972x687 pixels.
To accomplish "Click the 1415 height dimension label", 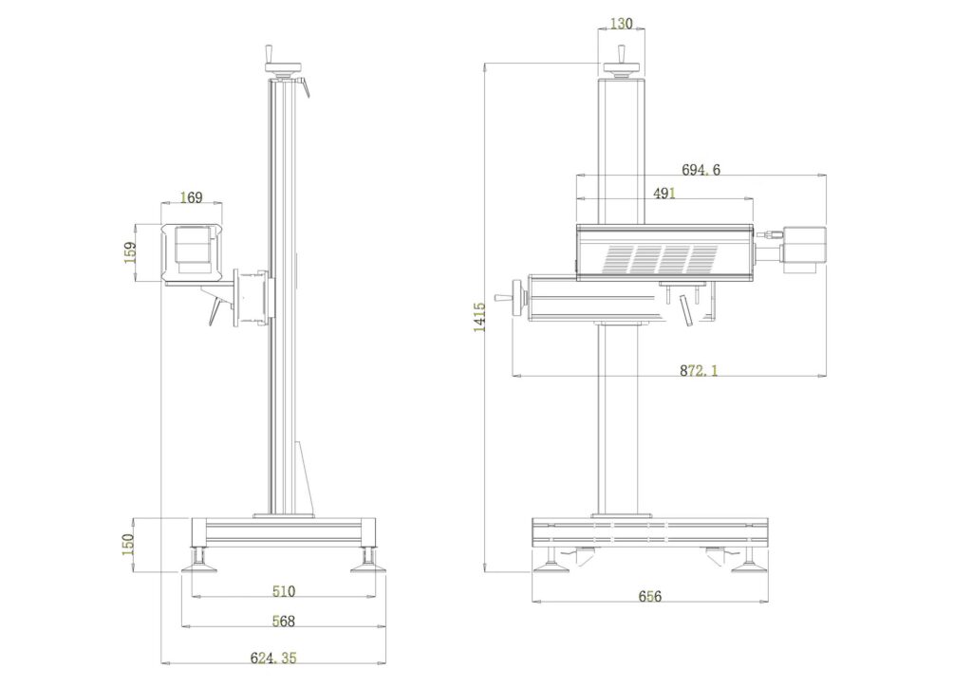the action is (x=479, y=317).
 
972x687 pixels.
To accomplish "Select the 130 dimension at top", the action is (x=621, y=24).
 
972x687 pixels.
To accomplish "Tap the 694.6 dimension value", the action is (x=701, y=169).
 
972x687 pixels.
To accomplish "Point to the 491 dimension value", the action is (x=664, y=194).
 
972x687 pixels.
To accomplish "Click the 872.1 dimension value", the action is (x=698, y=370).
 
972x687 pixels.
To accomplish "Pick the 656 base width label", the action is (x=649, y=596).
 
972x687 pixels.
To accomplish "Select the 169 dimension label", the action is (x=191, y=197).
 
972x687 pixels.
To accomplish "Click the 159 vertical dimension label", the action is (x=129, y=252).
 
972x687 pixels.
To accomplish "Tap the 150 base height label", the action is (x=128, y=544).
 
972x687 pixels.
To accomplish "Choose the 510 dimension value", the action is (x=284, y=591).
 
